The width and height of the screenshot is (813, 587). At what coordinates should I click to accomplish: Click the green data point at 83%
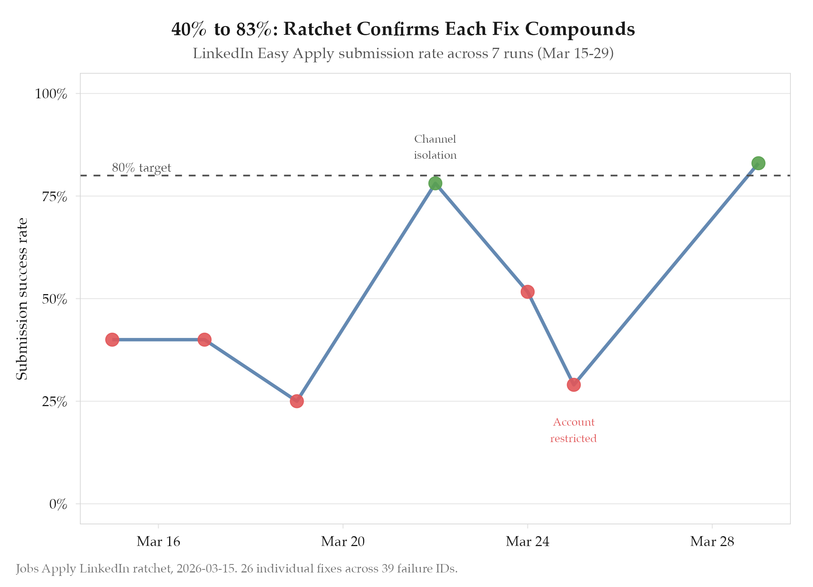coord(758,163)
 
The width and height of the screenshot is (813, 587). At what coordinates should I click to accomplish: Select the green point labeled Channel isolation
coord(435,184)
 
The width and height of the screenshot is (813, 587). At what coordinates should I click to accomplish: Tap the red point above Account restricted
coord(573,385)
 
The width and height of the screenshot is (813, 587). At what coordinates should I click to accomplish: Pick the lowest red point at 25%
coord(297,401)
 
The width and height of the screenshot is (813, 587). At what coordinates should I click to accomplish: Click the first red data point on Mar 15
coord(112,340)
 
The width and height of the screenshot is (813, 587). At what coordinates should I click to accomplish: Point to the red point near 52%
coord(527,292)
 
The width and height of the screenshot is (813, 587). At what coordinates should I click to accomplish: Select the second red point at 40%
coord(204,340)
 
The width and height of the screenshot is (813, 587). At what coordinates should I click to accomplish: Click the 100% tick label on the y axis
coord(51,94)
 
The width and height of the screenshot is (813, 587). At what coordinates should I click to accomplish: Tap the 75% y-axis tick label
coord(54,197)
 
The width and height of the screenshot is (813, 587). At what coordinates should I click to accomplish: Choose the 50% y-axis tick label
coord(54,299)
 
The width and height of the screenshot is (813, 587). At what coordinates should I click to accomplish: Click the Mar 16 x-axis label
coord(158,541)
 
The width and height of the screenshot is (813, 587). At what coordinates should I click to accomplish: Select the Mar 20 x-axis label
coord(343,541)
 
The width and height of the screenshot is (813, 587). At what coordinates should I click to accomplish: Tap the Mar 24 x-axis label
coord(527,541)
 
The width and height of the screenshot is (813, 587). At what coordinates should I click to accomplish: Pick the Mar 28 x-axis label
coord(712,541)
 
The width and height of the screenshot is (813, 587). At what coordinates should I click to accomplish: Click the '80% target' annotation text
coord(141,167)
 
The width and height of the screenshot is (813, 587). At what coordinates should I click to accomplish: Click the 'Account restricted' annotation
coord(573,430)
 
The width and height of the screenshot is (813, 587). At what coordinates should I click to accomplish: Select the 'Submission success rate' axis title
coord(22,299)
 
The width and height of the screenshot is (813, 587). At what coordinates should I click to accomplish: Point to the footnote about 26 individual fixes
coord(236,569)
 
